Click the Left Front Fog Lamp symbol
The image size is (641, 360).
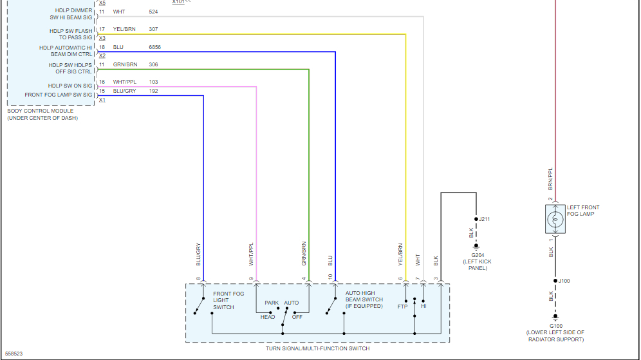point(555,220)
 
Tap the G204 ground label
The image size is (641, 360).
point(476,255)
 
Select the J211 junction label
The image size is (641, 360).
point(485,219)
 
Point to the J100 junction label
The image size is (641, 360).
point(564,281)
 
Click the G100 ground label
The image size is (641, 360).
point(555,325)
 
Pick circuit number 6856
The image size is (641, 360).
point(156,47)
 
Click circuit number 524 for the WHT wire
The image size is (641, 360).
point(153,12)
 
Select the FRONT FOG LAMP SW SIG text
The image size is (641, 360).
point(59,95)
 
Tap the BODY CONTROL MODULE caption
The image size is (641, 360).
point(40,111)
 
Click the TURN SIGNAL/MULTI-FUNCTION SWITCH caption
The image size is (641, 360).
point(317,348)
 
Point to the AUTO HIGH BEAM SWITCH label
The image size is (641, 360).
point(364,299)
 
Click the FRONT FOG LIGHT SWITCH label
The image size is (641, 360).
point(228,300)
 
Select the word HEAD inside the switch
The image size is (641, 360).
point(268,317)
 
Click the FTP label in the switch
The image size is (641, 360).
point(403,307)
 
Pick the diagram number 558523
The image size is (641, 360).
point(14,354)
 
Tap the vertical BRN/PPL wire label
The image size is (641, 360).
point(550,178)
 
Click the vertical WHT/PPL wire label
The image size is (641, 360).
point(252,254)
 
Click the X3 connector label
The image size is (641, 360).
point(102,38)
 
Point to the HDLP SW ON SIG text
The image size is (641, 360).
point(70,86)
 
